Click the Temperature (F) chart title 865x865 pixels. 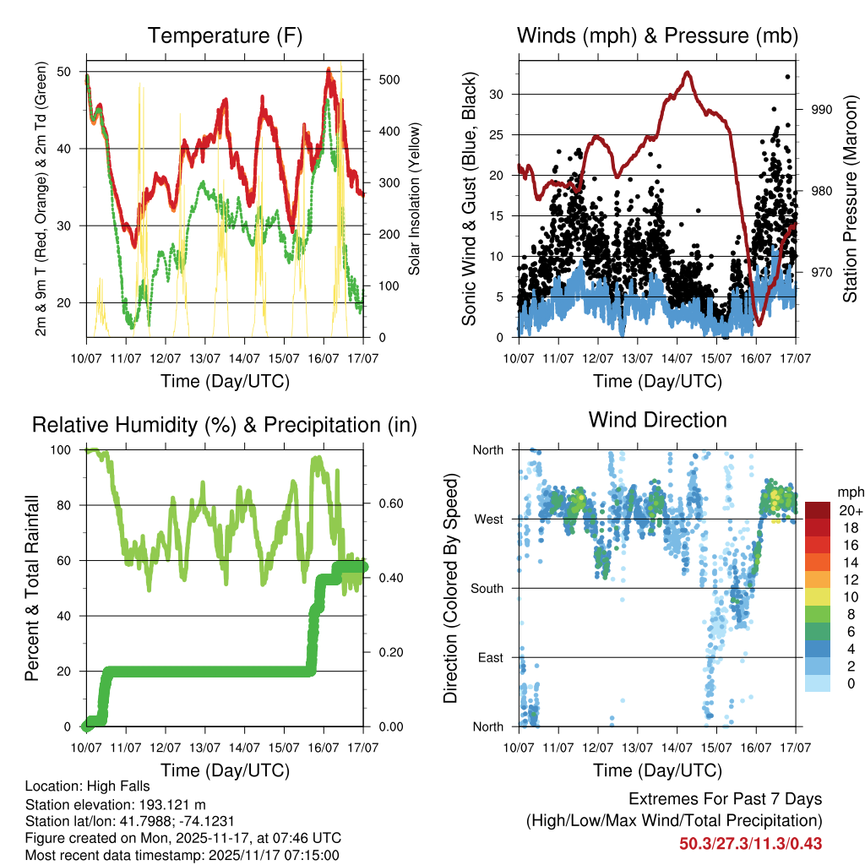[x=225, y=36]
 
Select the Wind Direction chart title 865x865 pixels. [x=657, y=420]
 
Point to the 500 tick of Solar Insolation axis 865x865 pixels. [x=390, y=79]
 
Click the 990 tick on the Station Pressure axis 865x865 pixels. [x=822, y=110]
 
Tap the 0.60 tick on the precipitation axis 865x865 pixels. [x=389, y=505]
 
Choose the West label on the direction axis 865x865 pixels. [x=488, y=519]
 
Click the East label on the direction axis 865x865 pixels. [x=490, y=657]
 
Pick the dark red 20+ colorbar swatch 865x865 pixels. [x=818, y=510]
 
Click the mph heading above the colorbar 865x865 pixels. [x=849, y=492]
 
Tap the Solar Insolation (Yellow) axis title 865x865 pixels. [x=415, y=199]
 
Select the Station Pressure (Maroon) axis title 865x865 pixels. [x=850, y=199]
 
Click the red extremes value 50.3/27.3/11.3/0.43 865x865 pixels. [x=750, y=844]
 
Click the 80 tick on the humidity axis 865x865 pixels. [x=68, y=505]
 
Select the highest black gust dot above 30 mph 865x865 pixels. [x=788, y=77]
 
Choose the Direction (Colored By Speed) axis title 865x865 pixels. [x=451, y=587]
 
